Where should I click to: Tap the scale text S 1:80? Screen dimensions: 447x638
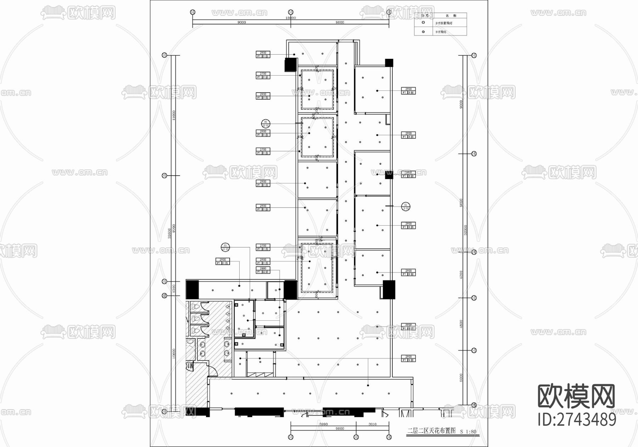[x=468, y=432]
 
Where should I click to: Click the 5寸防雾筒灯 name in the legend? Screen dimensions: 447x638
[x=444, y=23]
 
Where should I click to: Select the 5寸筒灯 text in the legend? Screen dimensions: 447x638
[x=441, y=32]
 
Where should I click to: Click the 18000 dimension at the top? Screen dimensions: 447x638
[x=290, y=18]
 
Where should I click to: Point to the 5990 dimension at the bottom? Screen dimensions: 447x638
[x=323, y=424]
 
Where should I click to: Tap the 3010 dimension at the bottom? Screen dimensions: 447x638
[x=372, y=424]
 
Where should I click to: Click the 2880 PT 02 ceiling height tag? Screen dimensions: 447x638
[x=263, y=270]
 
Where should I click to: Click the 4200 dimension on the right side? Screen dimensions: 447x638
[x=461, y=275]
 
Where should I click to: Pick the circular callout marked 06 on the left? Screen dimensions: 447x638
[x=265, y=124]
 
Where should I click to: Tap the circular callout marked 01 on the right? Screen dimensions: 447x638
[x=406, y=206]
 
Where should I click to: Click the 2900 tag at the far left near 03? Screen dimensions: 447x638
[x=223, y=261]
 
